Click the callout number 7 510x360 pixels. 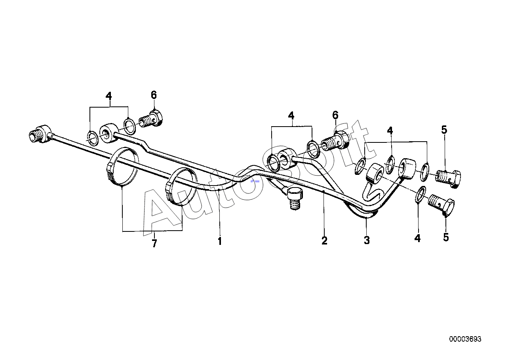[x=154, y=244]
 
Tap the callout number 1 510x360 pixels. [x=220, y=241]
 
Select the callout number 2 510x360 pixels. [x=324, y=241]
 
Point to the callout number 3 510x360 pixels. [x=367, y=240]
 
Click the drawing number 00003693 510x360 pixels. [x=465, y=339]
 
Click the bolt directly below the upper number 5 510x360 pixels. [x=449, y=177]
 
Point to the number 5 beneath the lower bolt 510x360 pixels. [x=446, y=237]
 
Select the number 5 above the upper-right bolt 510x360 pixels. [x=444, y=129]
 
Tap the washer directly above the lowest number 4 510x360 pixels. [x=421, y=194]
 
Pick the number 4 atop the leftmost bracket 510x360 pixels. [x=108, y=96]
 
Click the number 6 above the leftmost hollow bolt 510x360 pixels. [x=154, y=95]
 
